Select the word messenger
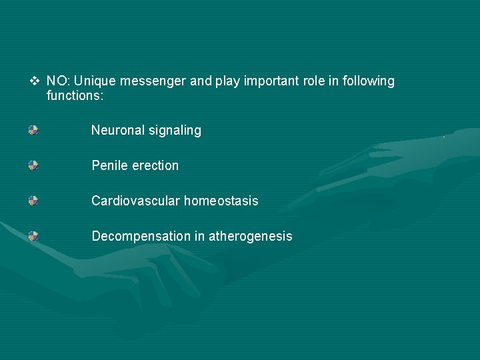click(153, 82)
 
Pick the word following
click(367, 82)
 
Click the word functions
click(75, 96)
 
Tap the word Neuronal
click(117, 131)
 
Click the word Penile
click(109, 165)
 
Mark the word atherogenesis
click(251, 237)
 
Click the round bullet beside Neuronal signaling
click(33, 130)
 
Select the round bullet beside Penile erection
click(33, 165)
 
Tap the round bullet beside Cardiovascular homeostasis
click(33, 200)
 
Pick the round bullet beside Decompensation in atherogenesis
click(33, 235)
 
